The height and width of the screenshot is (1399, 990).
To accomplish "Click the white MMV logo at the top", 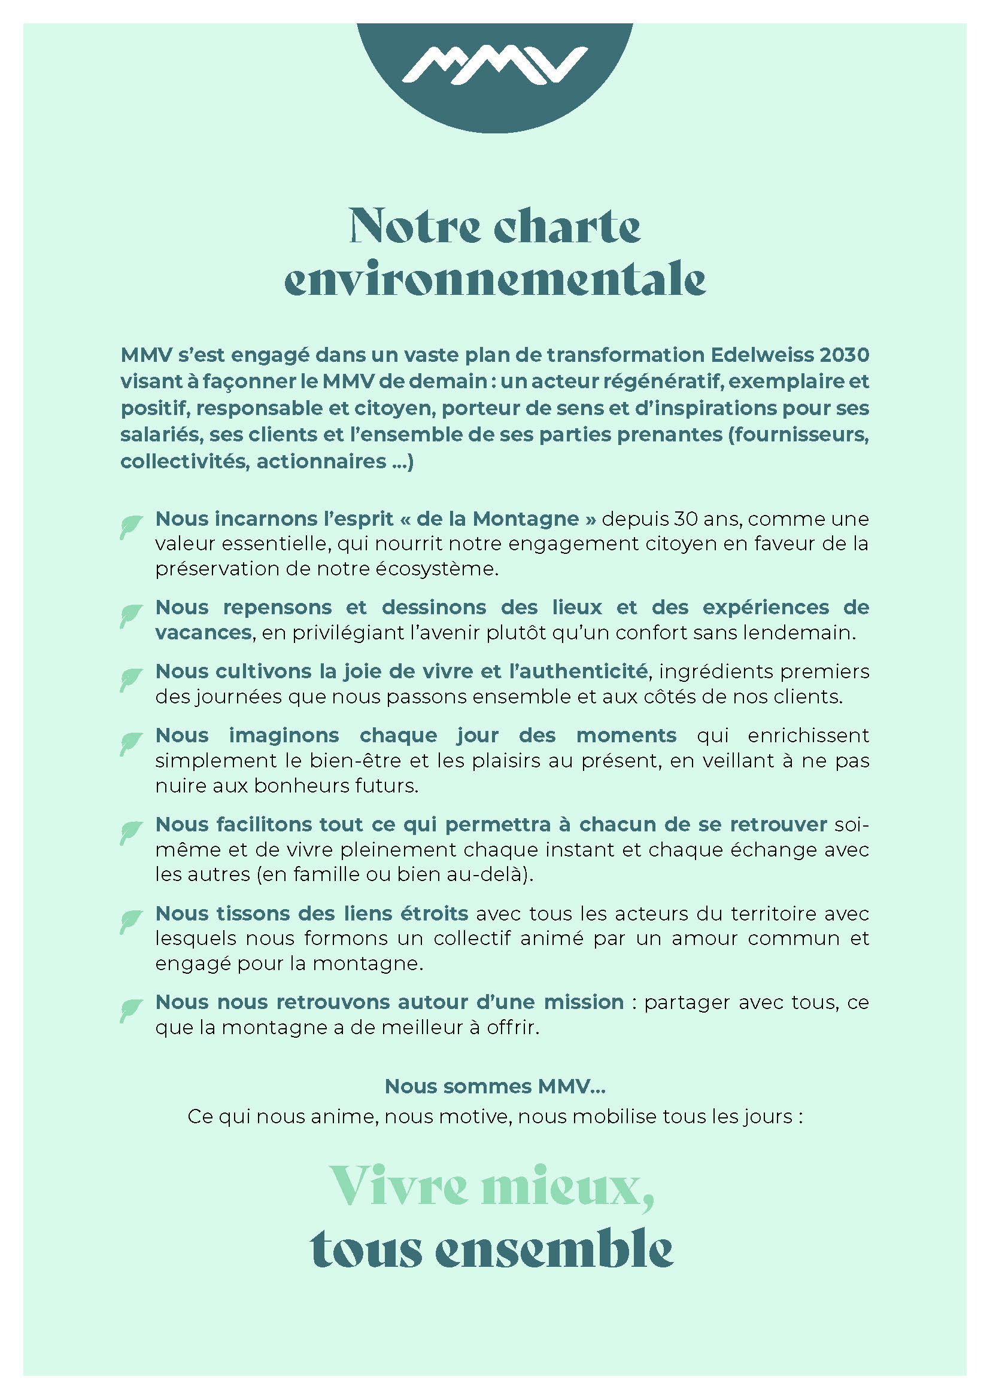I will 494,65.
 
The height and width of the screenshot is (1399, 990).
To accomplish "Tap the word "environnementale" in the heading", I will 494,281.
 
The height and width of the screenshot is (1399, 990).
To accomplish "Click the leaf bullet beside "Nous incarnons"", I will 130,526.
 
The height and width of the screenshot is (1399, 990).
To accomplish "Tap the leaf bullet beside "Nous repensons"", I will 130,615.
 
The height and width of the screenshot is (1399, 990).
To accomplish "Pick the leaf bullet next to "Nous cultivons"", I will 130,679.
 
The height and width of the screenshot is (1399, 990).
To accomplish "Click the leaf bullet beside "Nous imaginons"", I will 130,743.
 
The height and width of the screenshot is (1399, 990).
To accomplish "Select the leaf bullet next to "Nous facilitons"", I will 130,833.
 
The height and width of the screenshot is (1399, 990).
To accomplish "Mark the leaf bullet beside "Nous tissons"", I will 130,921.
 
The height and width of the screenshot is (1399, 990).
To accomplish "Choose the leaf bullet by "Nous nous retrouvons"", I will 130,1010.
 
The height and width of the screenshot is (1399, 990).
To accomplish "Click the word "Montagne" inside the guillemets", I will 526,519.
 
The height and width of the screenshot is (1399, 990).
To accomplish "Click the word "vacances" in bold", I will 203,632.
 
